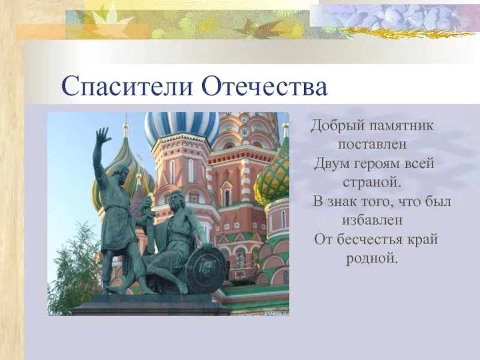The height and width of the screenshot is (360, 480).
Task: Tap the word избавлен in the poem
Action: tap(372, 220)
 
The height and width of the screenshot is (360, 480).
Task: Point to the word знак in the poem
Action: tap(347, 202)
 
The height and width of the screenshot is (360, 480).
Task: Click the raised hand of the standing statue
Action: tap(103, 136)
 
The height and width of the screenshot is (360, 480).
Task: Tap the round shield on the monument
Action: tap(206, 270)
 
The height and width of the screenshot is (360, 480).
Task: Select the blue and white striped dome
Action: tap(182, 127)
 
